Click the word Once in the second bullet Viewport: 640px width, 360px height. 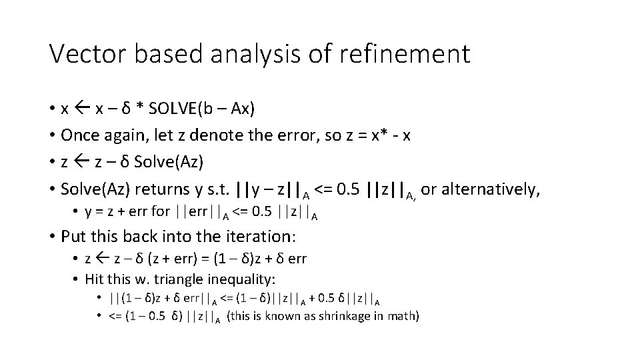point(79,136)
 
